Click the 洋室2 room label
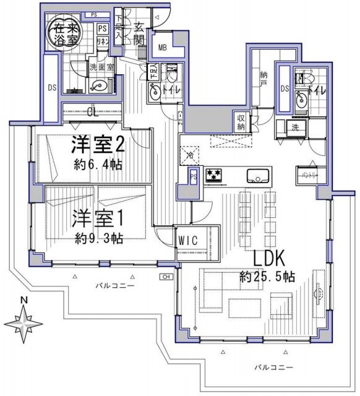(x=98, y=146)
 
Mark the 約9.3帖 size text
(x=98, y=238)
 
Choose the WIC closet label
(x=187, y=239)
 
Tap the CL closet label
(x=93, y=112)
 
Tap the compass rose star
(x=24, y=324)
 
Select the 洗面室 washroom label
(x=98, y=66)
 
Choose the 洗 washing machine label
(x=296, y=128)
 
